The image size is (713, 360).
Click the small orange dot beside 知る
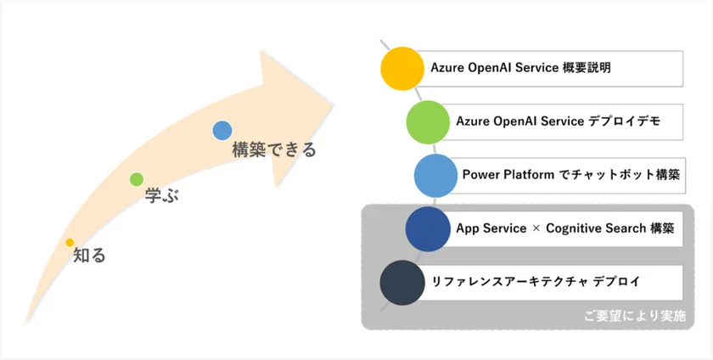pos(70,242)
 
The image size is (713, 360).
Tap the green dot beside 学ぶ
pos(137,179)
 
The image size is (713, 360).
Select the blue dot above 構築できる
pos(222,131)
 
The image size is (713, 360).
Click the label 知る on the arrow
pos(90,256)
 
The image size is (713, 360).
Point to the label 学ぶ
pos(162,195)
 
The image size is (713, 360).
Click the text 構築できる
pos(273,149)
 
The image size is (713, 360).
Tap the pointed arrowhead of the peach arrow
pos(334,105)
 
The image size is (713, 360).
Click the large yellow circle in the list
pos(402,68)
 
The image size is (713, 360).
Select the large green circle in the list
pos(428,122)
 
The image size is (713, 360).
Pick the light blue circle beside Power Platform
pos(435,176)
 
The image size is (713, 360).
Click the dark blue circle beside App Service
pos(428,229)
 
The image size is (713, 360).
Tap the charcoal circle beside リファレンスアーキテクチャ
pos(402,283)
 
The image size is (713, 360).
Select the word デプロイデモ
pos(624,121)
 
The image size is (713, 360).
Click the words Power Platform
pos(508,175)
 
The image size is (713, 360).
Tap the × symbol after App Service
pos(536,228)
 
